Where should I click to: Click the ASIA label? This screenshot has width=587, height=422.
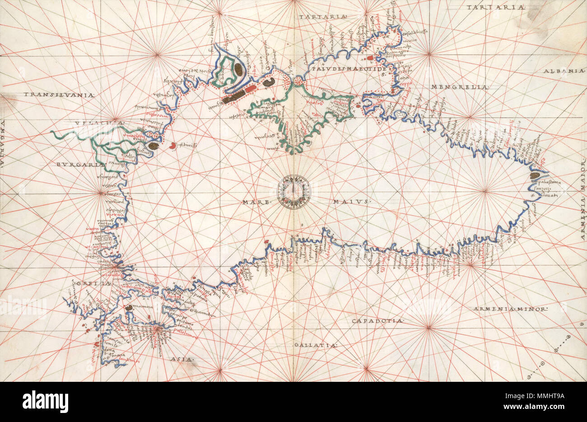tap(182, 360)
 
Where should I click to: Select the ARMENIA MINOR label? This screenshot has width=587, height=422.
tap(510, 309)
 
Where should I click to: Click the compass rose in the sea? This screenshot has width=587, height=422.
tap(294, 191)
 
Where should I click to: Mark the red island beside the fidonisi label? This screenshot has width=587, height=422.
tap(173, 145)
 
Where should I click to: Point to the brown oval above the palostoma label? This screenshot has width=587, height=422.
tap(536, 176)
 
